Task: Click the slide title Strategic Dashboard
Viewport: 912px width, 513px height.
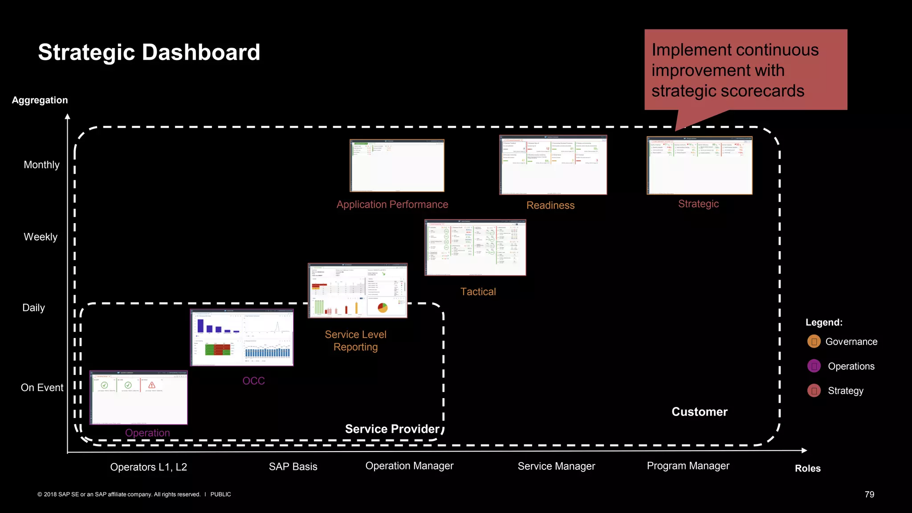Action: pyautogui.click(x=149, y=53)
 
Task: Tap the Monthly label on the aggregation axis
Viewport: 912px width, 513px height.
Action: pyautogui.click(x=41, y=165)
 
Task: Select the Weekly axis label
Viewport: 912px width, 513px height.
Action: pyautogui.click(x=41, y=237)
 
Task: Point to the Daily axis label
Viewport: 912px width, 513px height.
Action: pyautogui.click(x=34, y=308)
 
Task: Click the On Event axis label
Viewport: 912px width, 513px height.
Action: pyautogui.click(x=42, y=388)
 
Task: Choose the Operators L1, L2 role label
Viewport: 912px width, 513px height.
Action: pyautogui.click(x=148, y=467)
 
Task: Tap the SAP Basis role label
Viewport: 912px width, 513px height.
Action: pyautogui.click(x=293, y=467)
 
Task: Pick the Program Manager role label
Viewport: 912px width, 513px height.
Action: pyautogui.click(x=688, y=466)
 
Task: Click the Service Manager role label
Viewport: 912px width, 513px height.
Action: pyautogui.click(x=556, y=466)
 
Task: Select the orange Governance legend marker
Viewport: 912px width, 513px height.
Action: pyautogui.click(x=814, y=342)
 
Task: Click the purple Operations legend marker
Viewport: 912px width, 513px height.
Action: pyautogui.click(x=814, y=366)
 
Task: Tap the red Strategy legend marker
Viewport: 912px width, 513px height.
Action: pyautogui.click(x=814, y=391)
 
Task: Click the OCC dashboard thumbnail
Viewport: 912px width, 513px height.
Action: pyautogui.click(x=242, y=338)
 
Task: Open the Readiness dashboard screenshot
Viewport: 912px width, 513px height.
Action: pyautogui.click(x=553, y=165)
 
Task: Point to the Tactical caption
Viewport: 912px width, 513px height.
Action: pyautogui.click(x=478, y=292)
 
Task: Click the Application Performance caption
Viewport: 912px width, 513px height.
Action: pyautogui.click(x=392, y=204)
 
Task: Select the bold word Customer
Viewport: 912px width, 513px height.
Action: pyautogui.click(x=699, y=412)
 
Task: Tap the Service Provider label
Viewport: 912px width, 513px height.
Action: pyautogui.click(x=392, y=429)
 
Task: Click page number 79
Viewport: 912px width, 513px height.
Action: pyautogui.click(x=869, y=494)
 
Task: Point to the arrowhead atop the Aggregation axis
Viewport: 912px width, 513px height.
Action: pyautogui.click(x=68, y=117)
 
